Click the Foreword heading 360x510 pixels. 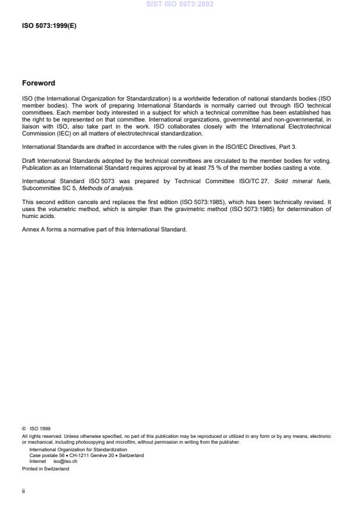tap(38, 83)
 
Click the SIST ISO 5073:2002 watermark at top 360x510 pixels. tap(180, 4)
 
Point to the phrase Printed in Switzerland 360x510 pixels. tap(45, 469)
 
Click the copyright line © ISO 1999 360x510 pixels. tap(36, 429)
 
